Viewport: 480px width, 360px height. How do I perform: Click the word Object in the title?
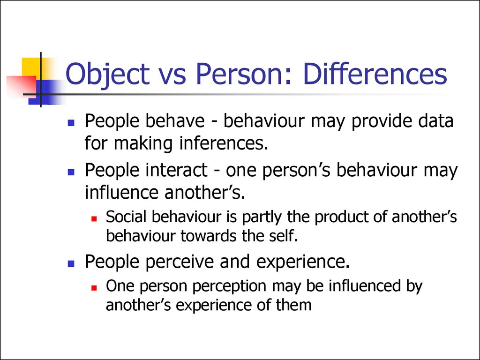(107, 75)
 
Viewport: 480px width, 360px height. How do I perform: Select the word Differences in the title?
(375, 74)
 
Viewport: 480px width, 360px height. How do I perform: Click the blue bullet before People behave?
(71, 123)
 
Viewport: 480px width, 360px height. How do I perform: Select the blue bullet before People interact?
(71, 172)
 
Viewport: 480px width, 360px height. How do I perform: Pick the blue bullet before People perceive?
(71, 263)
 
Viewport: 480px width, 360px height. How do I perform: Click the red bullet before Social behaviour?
(94, 219)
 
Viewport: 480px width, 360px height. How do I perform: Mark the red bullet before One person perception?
(94, 288)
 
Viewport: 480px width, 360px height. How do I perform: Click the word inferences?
(224, 143)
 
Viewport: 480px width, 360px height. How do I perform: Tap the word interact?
(177, 170)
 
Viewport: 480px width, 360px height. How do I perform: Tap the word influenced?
(365, 285)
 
